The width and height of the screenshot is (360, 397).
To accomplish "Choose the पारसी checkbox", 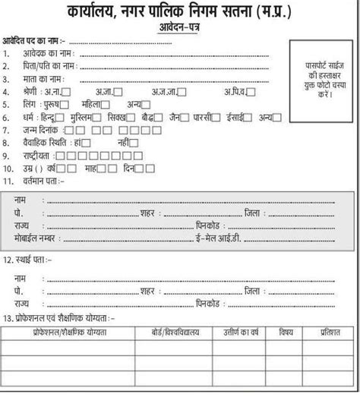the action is point(217,118).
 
